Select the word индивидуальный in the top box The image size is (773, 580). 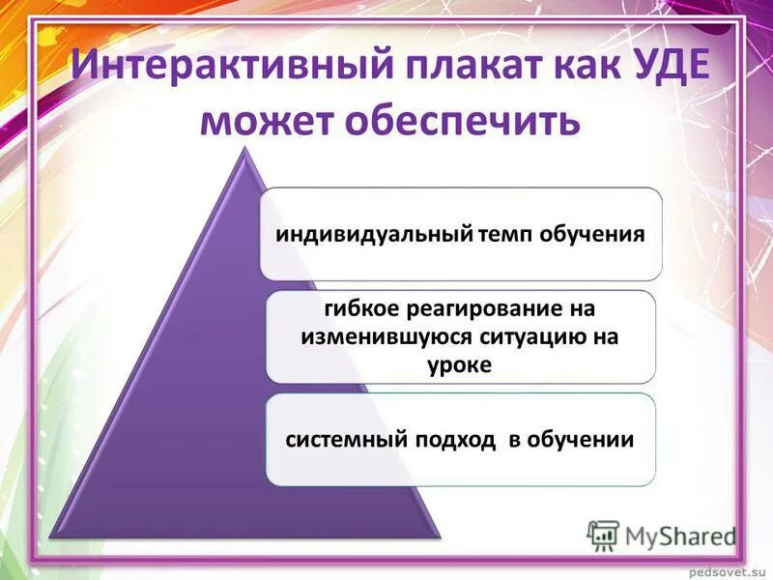(x=375, y=235)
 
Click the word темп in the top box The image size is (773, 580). (x=508, y=235)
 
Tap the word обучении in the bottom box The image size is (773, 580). (x=581, y=440)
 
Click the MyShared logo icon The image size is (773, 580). (x=603, y=534)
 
